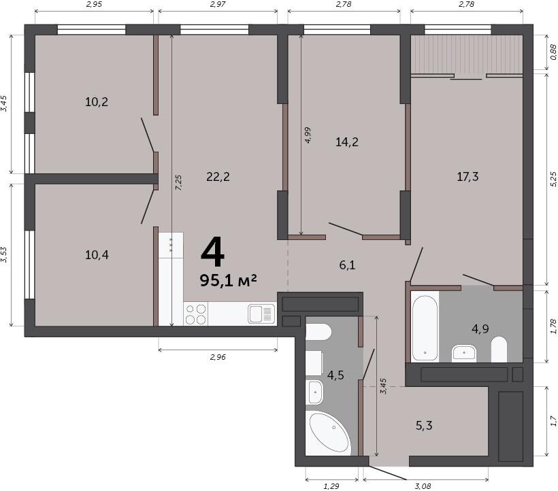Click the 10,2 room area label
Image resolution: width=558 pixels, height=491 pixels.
[x=97, y=103]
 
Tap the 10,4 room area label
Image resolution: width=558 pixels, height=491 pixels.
[x=97, y=255]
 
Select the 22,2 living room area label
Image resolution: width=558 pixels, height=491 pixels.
[x=218, y=176]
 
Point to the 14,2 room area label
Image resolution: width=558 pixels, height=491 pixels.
[x=347, y=142]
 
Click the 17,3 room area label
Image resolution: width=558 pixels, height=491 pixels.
[x=467, y=176]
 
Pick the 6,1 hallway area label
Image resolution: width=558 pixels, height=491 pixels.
[x=347, y=265]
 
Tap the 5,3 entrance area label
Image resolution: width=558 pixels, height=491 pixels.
[x=424, y=425]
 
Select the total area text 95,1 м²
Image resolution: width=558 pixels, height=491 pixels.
[x=228, y=280]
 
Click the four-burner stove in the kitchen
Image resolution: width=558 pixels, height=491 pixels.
[x=196, y=314]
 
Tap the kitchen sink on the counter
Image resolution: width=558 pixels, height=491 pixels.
[x=261, y=314]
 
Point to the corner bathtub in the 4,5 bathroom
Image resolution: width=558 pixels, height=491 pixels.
[x=328, y=433]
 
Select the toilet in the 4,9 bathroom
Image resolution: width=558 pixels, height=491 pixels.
[x=499, y=350]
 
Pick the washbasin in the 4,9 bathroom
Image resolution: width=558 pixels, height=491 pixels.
[x=463, y=354]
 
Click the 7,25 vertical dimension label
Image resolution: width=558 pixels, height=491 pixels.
[x=179, y=182]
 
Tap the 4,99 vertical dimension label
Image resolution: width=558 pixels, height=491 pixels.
[x=308, y=135]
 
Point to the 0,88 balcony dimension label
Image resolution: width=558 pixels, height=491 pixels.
[x=553, y=52]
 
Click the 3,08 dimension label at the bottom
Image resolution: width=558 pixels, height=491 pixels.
[x=423, y=486]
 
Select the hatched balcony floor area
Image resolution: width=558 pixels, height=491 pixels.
[x=467, y=54]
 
